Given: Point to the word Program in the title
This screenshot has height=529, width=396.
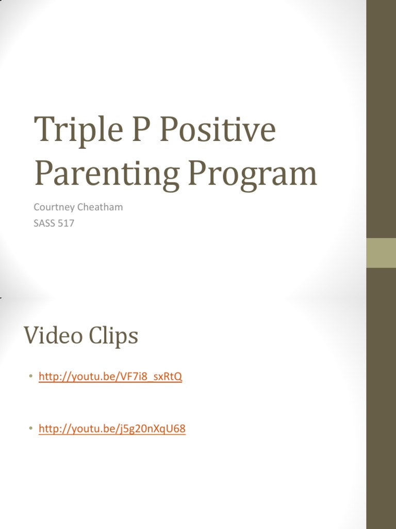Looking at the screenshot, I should point(252,175).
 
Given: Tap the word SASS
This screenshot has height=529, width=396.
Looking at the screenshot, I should point(44,224).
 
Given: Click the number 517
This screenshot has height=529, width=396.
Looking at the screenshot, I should point(65,224).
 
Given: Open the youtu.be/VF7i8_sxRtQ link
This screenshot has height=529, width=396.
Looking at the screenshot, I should point(110,377).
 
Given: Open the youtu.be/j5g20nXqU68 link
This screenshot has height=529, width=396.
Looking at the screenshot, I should point(112,429).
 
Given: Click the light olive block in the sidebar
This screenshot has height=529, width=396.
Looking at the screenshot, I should point(381,253).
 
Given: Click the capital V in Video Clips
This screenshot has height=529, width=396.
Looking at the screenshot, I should point(31,336).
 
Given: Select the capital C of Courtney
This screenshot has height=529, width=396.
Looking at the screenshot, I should point(37,207).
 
